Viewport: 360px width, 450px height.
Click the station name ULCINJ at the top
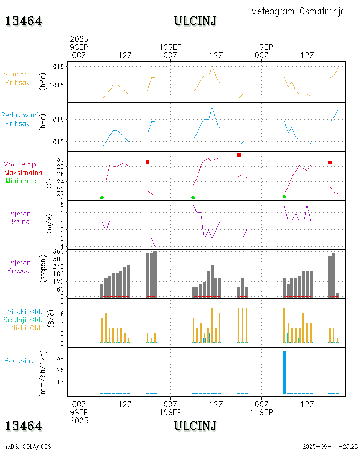195,21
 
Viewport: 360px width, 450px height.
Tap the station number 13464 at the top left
23,21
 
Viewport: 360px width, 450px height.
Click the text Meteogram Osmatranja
298,11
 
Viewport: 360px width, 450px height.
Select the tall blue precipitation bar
284,372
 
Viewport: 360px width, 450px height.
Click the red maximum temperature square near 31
238,155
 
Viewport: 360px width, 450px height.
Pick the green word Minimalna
22,181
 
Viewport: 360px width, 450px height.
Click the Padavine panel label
19,360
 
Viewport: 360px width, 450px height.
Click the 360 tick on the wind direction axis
61,251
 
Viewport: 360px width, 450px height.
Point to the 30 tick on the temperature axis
62,159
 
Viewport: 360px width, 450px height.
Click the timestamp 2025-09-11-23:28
330,446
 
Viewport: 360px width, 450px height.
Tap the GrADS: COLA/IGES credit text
27,446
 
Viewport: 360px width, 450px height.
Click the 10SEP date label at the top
171,47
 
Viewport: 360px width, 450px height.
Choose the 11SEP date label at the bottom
261,412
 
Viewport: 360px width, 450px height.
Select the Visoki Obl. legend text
25,311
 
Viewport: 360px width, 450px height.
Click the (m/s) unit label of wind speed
50,221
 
